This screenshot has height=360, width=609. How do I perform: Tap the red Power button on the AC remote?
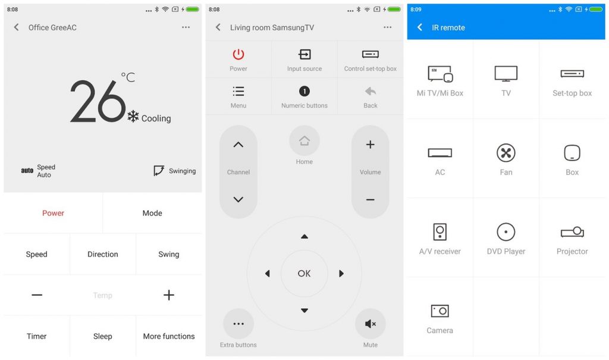53,213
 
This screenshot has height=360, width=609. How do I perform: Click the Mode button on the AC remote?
152,213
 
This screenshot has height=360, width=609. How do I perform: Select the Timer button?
36,336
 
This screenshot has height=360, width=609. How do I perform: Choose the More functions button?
169,336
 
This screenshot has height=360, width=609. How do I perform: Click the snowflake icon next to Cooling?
133,117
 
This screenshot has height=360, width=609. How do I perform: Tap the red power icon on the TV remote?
238,54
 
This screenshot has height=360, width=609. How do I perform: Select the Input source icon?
304,54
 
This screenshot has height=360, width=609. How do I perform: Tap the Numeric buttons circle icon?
304,91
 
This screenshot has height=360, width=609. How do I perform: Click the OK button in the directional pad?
304,274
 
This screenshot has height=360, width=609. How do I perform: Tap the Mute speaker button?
370,324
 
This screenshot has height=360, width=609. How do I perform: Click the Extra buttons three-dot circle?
238,324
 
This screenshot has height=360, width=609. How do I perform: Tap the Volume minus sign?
370,199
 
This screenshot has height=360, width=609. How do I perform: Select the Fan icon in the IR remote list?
506,153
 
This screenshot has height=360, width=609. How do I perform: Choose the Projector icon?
572,232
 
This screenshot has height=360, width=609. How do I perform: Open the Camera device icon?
440,311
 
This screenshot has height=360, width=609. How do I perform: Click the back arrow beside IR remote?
420,27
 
